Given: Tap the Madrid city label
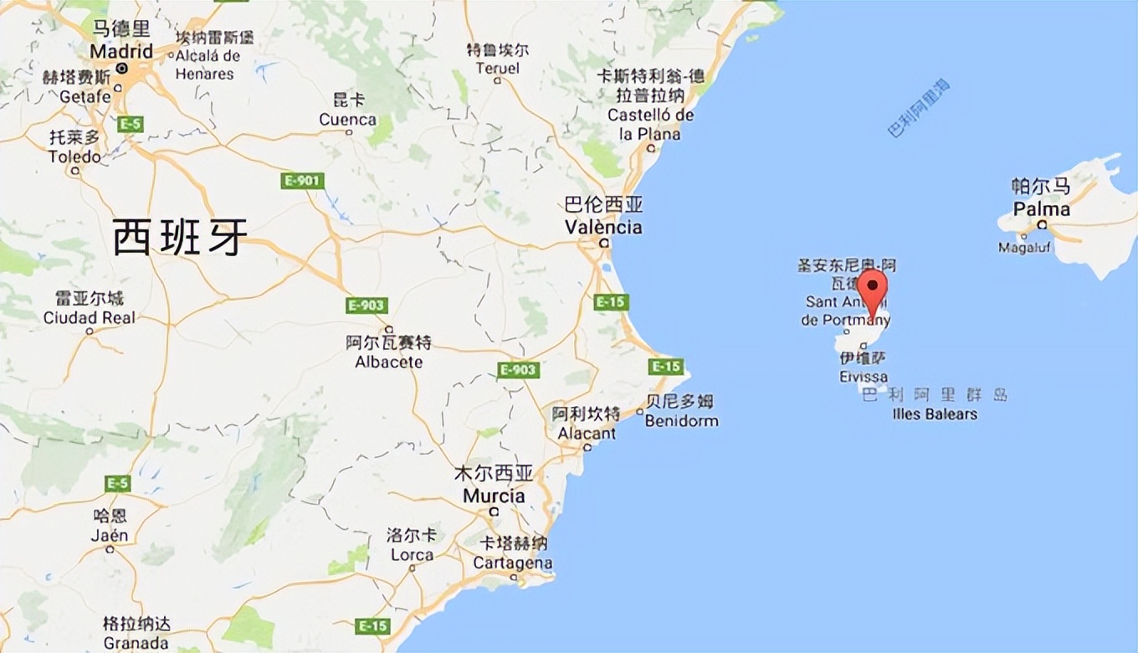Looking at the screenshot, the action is click(121, 51).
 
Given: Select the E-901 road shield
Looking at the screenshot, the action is click(301, 181).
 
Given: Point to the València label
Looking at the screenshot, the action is click(603, 227).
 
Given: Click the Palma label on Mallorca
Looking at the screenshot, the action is click(1041, 208).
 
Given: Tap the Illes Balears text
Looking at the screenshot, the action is click(935, 414).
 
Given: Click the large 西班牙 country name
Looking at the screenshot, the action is click(181, 238).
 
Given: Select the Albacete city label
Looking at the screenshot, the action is click(389, 362).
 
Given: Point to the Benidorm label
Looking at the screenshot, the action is click(681, 420).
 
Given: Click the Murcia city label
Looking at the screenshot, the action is click(494, 496).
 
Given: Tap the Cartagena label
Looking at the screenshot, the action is click(512, 563).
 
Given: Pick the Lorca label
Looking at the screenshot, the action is click(411, 554).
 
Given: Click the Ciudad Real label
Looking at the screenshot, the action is click(90, 317).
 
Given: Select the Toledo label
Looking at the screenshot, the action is click(74, 157).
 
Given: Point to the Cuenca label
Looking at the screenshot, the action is click(348, 120).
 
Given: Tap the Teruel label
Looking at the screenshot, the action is click(497, 69).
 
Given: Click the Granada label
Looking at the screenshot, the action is click(136, 644).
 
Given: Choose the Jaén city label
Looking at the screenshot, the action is click(110, 535).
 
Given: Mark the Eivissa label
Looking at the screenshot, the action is click(864, 377).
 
